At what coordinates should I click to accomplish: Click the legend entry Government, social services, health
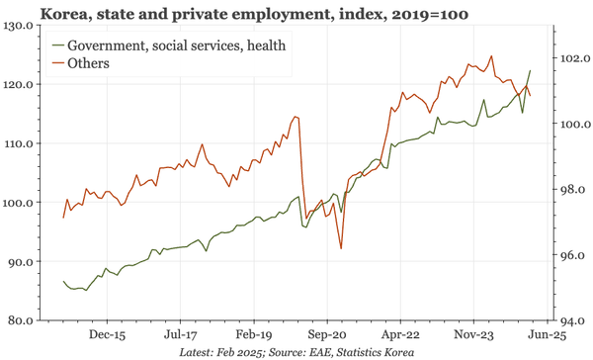coord(179,46)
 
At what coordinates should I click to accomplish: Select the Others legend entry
coord(88,63)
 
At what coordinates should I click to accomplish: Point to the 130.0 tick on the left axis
coord(22,26)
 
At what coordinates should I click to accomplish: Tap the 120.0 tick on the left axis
coord(22,85)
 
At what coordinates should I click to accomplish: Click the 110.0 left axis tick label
coord(22,144)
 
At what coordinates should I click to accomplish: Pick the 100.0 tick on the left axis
coord(22,203)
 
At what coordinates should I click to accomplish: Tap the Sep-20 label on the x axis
coord(327,335)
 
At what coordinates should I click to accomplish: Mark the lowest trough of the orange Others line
coord(341,248)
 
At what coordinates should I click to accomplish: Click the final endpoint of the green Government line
coord(531,70)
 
